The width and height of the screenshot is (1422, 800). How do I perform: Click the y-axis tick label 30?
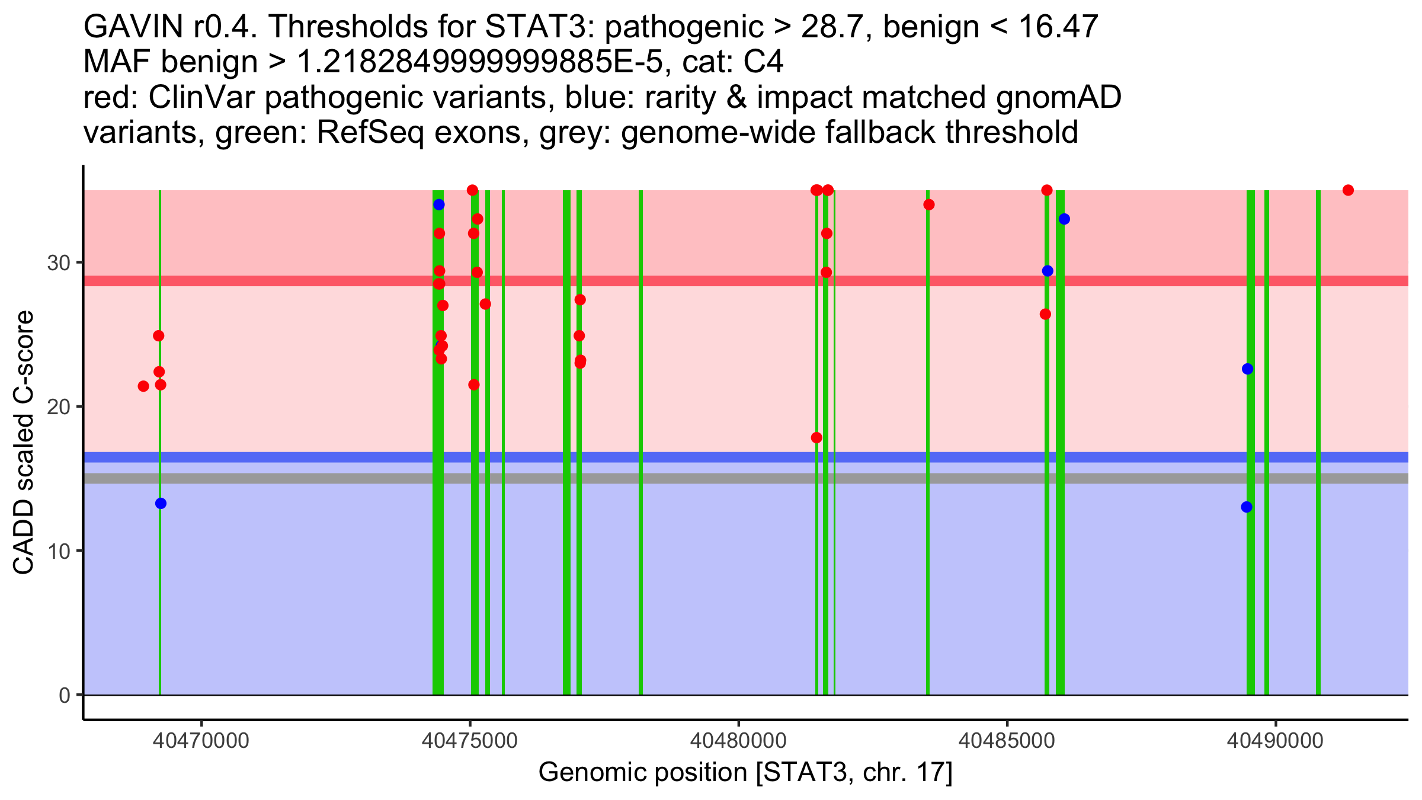tap(58, 263)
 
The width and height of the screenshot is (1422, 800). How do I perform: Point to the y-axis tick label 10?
tap(58, 551)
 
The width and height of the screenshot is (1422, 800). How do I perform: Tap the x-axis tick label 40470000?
tap(202, 741)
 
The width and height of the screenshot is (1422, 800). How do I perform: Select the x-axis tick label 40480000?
tap(739, 741)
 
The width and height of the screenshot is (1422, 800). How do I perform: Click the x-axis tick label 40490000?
tap(1275, 741)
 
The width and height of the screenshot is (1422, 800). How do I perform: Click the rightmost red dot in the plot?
tap(1348, 190)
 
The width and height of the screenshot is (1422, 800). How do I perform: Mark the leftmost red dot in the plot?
tap(143, 386)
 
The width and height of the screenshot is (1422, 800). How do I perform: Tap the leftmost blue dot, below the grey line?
tap(161, 504)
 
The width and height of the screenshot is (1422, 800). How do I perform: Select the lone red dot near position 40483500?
tap(929, 205)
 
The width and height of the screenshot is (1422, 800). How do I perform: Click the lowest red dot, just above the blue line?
tap(816, 438)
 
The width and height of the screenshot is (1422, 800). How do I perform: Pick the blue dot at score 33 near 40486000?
tap(1064, 219)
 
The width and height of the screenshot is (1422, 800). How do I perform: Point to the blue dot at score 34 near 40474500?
tap(439, 205)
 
